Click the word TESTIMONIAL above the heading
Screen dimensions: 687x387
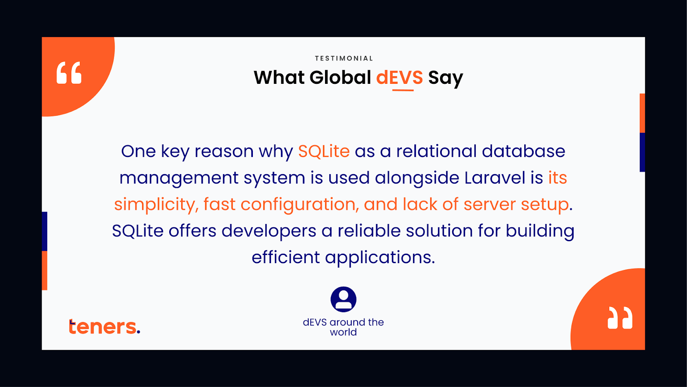coord(344,58)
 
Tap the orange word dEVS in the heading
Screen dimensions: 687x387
coord(399,77)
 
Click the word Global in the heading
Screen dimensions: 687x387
coord(340,77)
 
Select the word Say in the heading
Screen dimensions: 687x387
coord(445,78)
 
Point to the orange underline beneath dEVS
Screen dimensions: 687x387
coord(403,90)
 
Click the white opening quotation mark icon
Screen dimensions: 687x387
coord(69,73)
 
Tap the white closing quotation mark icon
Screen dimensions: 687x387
coord(620,318)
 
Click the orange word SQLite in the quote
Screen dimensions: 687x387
coord(324,151)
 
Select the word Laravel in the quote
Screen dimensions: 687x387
coord(495,178)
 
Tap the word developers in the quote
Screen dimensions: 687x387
coord(269,232)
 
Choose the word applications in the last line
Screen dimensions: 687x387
coord(380,258)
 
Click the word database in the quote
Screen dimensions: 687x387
coord(523,151)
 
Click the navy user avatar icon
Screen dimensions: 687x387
coord(343,299)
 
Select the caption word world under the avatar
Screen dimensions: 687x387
coord(343,332)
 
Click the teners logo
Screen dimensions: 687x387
coord(104,326)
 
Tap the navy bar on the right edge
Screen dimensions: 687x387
coord(642,152)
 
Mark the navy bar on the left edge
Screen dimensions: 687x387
coord(45,231)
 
